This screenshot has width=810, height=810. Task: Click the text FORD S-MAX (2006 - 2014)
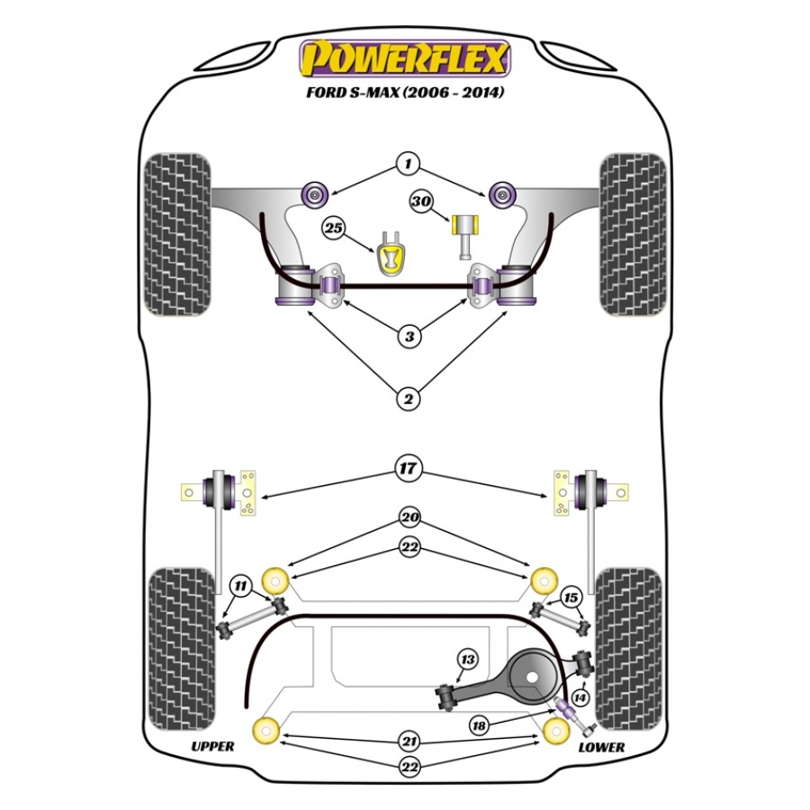coord(405,92)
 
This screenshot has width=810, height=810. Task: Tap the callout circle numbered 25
coord(334,229)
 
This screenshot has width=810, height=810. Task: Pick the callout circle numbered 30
coord(420,202)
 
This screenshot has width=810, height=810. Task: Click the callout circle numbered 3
coord(409,337)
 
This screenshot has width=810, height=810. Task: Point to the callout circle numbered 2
coord(409,399)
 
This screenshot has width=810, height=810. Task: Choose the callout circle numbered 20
coord(409,517)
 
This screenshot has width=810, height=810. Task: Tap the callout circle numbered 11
coord(239,586)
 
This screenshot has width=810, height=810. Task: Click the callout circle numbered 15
coord(569,596)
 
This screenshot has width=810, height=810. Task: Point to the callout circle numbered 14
coord(579,697)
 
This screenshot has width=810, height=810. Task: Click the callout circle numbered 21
coord(409,742)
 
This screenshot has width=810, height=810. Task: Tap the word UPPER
coord(213,746)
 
